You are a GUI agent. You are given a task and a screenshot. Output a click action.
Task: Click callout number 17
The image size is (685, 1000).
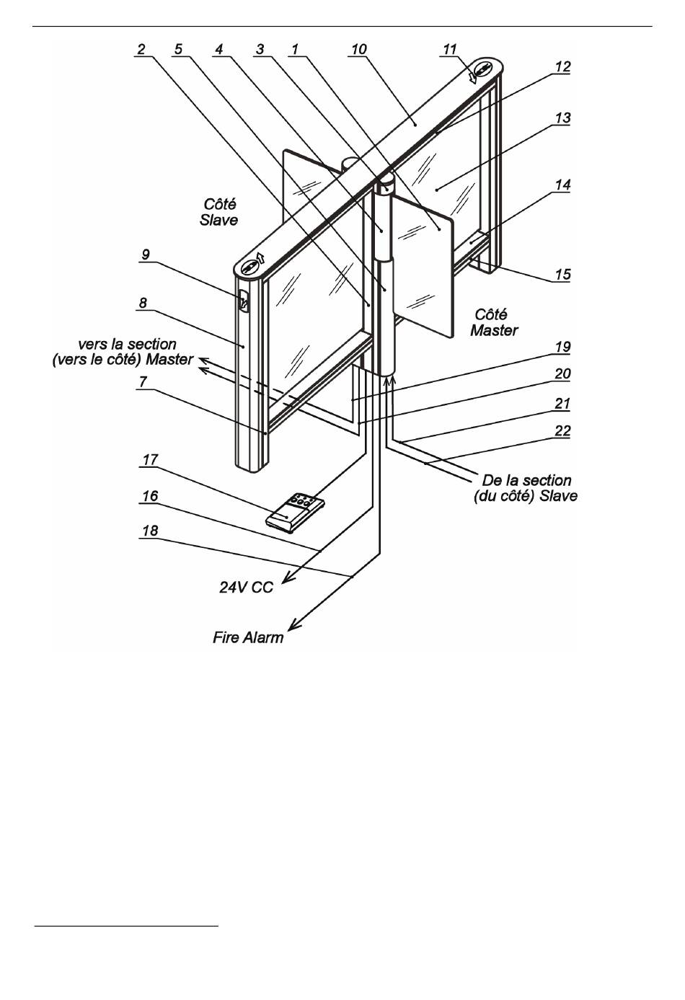tap(151, 459)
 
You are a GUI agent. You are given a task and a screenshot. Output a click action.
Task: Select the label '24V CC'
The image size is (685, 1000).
tap(246, 587)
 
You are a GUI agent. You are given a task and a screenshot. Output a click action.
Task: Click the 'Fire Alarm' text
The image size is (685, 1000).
tap(248, 637)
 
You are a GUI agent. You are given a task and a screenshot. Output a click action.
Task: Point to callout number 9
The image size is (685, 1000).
tap(146, 254)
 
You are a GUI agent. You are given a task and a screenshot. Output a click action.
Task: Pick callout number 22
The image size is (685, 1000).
tap(562, 430)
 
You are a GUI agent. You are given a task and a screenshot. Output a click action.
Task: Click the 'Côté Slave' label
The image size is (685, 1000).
tap(218, 213)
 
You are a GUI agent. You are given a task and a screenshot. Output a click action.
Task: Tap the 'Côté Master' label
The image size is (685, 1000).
tap(494, 322)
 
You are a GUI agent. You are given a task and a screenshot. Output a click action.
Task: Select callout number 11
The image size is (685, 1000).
tap(450, 49)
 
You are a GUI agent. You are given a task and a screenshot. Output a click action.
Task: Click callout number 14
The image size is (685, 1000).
tap(562, 185)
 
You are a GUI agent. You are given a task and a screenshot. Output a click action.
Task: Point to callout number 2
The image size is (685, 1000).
tap(141, 49)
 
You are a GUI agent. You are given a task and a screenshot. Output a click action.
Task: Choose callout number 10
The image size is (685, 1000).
tap(358, 49)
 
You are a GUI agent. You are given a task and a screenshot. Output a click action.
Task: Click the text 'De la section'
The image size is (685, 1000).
tap(526, 480)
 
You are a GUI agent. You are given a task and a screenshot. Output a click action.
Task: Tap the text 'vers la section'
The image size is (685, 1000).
tap(127, 345)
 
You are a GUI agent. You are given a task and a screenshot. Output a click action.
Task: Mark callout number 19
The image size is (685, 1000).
tap(562, 346)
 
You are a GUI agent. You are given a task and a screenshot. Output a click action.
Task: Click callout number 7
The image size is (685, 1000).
tap(144, 381)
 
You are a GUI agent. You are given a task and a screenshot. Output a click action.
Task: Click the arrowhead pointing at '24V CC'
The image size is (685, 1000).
tap(284, 578)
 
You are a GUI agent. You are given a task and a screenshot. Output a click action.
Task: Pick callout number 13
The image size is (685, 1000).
tap(562, 117)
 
